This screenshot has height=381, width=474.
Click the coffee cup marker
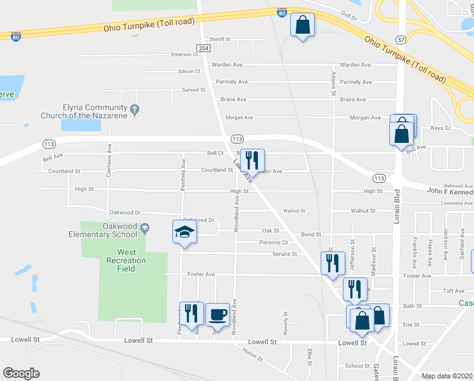tap(217, 314)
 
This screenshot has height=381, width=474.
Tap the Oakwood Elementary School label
tap(103, 231)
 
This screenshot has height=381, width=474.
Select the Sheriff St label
tap(220, 39)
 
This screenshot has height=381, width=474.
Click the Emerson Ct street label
tap(185, 55)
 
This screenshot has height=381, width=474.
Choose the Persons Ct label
tap(274, 243)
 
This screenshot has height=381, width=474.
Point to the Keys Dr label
tap(440, 128)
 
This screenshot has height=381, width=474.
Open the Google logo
tap(21, 373)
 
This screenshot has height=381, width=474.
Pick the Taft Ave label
tap(454, 291)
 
